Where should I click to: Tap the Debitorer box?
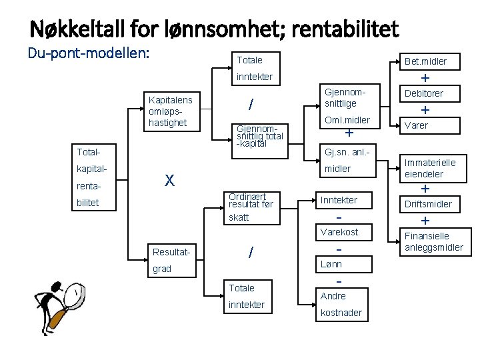(x=424, y=94)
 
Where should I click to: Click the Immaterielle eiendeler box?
(x=429, y=167)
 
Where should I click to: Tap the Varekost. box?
(x=340, y=232)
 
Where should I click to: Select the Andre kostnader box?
(x=341, y=304)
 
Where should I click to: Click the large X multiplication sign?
(x=170, y=180)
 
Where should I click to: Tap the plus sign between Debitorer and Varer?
(x=425, y=110)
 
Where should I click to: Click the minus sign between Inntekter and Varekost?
(x=339, y=217)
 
